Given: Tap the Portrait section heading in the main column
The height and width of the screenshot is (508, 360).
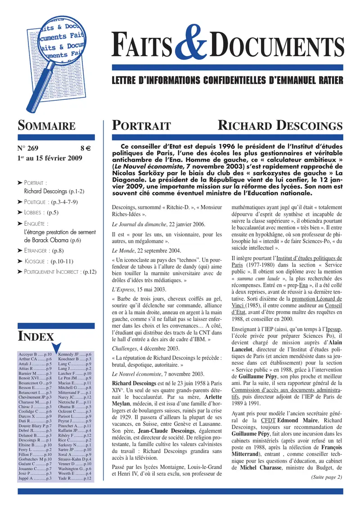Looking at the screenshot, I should tap(141, 125).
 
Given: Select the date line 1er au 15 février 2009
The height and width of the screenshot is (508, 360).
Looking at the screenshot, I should tap(47, 158).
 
